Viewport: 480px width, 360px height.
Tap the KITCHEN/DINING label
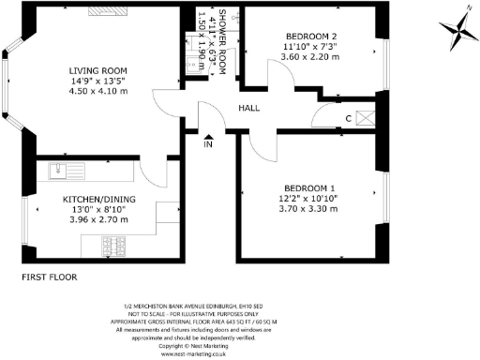tap(97, 200)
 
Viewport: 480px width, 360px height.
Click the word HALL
tap(248, 109)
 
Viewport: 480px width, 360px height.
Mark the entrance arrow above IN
tap(208, 134)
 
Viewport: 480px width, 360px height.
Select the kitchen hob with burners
tap(118, 245)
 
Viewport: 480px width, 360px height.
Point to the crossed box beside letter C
tap(367, 117)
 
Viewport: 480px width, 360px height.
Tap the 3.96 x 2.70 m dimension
tap(97, 220)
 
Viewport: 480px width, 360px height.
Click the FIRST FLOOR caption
tap(48, 278)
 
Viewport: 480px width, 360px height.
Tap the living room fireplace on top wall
tap(103, 10)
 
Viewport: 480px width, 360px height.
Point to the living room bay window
tap(9, 84)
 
